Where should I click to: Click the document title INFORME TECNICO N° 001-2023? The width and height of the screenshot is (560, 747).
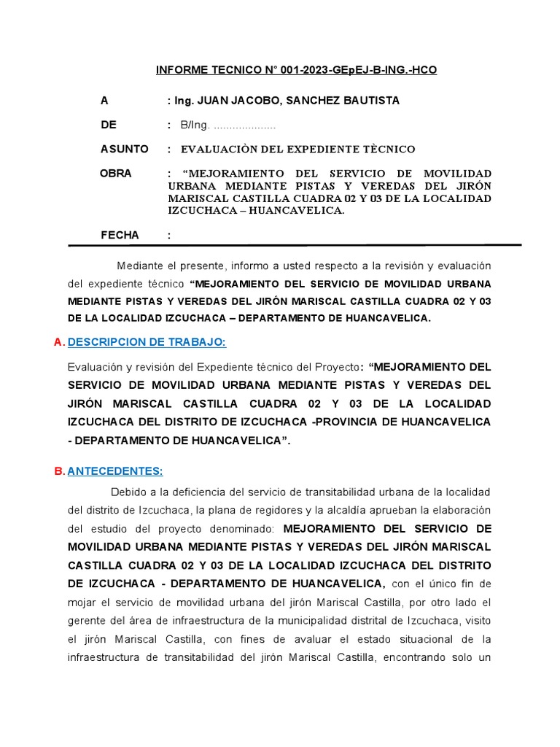[297, 71]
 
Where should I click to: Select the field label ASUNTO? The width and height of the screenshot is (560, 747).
[124, 150]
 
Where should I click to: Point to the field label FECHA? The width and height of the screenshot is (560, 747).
[120, 235]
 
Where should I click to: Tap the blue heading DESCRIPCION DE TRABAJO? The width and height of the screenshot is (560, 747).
[147, 343]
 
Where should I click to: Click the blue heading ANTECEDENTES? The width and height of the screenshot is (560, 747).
[115, 471]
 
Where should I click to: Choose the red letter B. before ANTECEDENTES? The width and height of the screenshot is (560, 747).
[60, 471]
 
